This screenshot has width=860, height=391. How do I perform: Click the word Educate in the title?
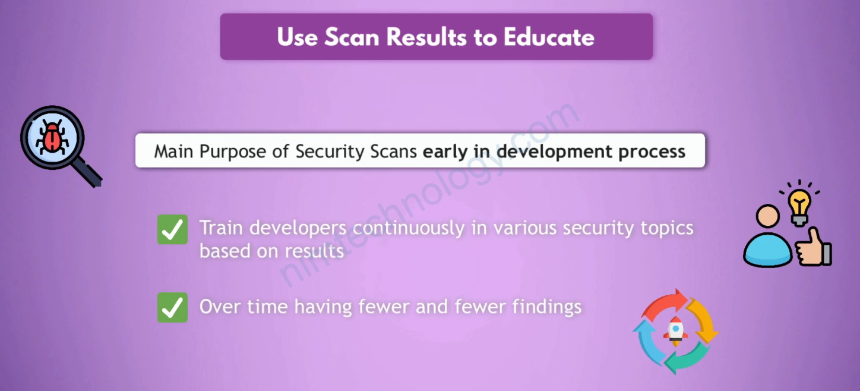pos(549,37)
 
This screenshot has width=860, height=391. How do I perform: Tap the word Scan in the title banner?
pos(352,37)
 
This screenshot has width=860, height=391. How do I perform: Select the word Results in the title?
pos(426,37)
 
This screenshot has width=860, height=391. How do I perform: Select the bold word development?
pos(554,152)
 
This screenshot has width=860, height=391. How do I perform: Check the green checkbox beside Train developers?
pos(172,229)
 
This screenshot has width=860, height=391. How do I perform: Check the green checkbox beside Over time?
pos(172,307)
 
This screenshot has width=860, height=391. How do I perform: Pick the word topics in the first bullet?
pos(667,229)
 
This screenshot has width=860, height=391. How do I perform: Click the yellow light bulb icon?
pos(799,206)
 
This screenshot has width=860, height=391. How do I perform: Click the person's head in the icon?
pos(767,217)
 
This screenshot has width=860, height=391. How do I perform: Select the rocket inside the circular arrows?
pos(676,331)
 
